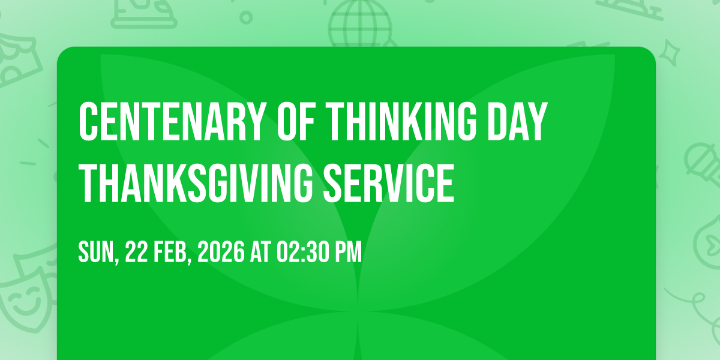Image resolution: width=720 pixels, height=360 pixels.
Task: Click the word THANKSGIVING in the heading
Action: (x=196, y=183)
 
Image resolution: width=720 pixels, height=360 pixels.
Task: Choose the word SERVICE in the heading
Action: (x=389, y=183)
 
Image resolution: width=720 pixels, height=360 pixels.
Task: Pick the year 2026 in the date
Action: (x=221, y=252)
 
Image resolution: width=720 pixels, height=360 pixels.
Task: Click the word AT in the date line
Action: (x=260, y=252)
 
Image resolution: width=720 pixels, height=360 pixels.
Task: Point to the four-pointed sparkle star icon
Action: (x=670, y=53)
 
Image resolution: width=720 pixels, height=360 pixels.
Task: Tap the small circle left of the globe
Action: (x=246, y=17)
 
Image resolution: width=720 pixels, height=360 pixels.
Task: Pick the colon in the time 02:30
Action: (x=303, y=254)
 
